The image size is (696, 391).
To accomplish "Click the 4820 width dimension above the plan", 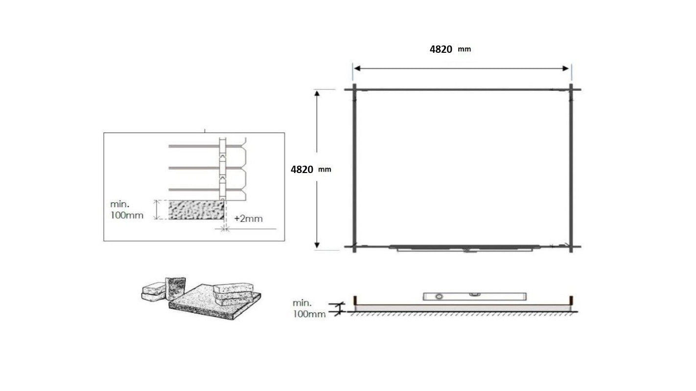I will tap(441, 49).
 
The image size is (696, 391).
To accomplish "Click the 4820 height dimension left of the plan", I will tap(302, 170).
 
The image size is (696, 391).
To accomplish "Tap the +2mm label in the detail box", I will tap(248, 218).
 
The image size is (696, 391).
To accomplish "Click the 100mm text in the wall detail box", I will tap(127, 215).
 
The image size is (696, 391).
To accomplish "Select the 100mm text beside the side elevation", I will tap(309, 314).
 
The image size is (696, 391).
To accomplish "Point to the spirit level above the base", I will tap(474, 296).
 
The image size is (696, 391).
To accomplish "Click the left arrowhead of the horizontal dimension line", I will tap(357, 68).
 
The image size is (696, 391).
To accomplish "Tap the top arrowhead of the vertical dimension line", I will tap(317, 93).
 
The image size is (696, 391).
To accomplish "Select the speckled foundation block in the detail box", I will tap(196, 210).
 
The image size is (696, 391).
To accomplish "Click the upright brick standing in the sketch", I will tap(175, 288).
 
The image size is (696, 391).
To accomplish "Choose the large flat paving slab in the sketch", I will tap(215, 306).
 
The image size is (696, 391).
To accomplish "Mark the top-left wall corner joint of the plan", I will tap(354, 89).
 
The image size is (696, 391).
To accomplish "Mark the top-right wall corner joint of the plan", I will tap(571, 89).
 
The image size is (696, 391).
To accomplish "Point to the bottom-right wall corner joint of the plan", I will tap(571, 246).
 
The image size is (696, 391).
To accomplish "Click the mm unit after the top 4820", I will tap(464, 49).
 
